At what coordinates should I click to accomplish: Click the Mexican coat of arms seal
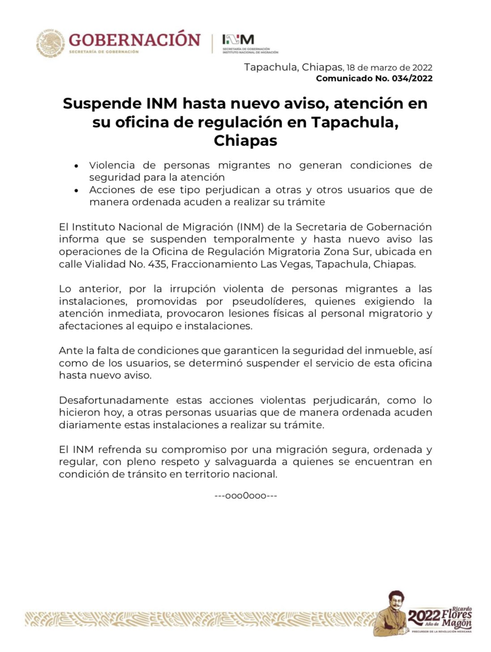(51, 43)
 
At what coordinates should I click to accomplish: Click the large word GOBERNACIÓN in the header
(134, 40)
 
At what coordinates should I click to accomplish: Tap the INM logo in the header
(238, 40)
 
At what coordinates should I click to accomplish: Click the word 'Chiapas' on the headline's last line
(245, 141)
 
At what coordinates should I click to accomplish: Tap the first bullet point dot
(77, 166)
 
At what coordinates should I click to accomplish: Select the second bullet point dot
(77, 191)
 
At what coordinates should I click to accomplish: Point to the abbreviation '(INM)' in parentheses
(251, 227)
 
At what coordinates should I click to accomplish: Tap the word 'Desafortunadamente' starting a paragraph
(114, 400)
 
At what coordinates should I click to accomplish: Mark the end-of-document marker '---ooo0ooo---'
(246, 496)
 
